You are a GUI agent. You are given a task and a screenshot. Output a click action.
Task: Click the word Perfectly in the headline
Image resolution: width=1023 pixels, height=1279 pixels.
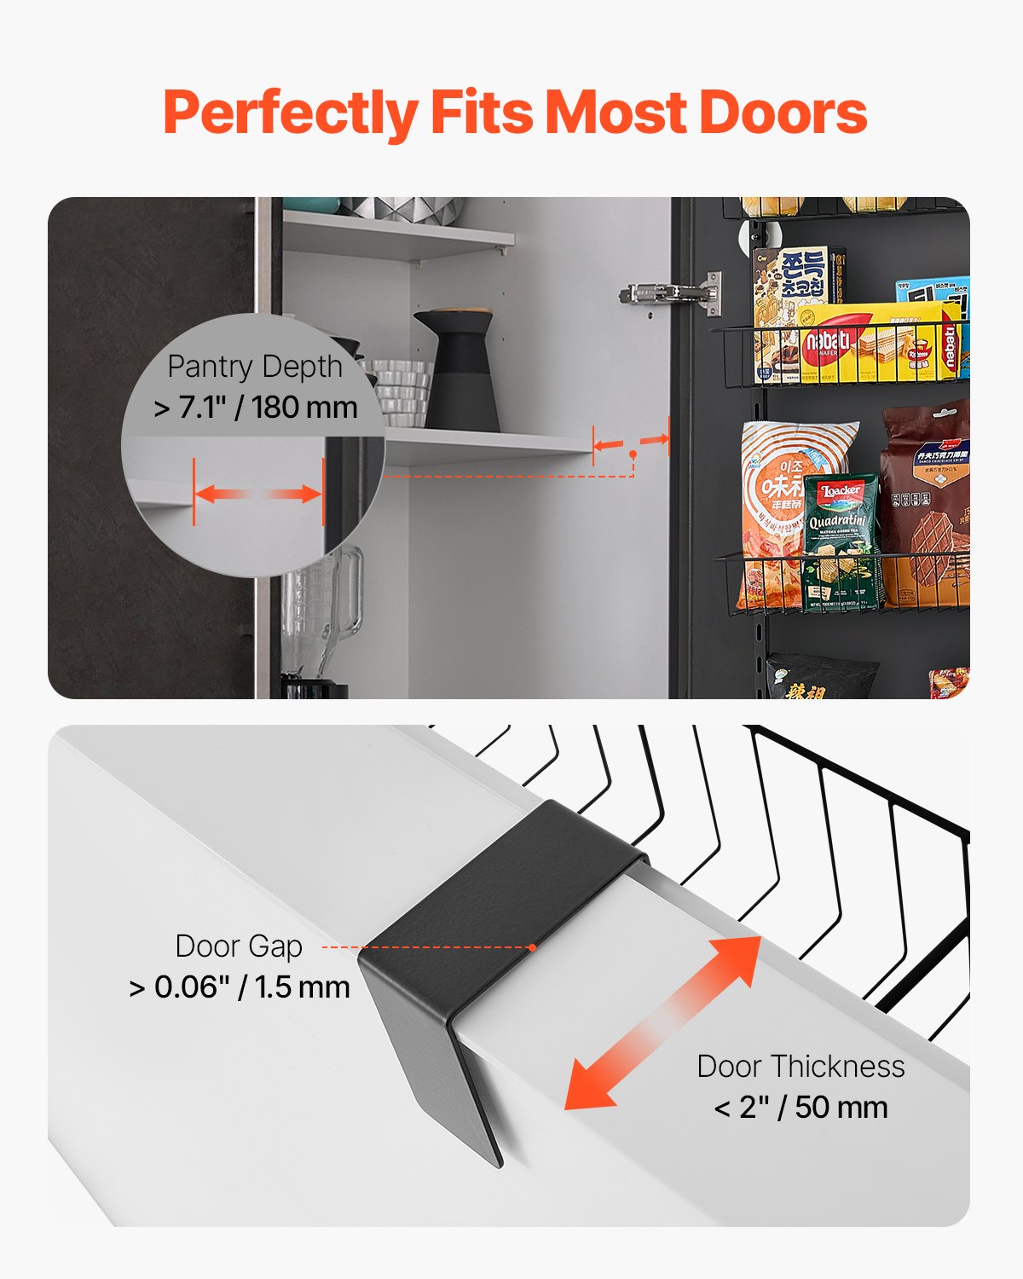pyautogui.click(x=290, y=113)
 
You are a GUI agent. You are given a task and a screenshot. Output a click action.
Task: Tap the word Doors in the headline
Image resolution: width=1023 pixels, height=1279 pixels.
pyautogui.click(x=783, y=113)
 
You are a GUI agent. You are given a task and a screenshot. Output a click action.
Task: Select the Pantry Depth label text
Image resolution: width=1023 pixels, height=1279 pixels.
pyautogui.click(x=255, y=367)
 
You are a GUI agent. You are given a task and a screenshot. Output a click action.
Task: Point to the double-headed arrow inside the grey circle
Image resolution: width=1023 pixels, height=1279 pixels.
pyautogui.click(x=258, y=495)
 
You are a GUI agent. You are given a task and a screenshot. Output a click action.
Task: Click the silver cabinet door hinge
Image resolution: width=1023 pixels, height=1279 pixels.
pyautogui.click(x=672, y=294)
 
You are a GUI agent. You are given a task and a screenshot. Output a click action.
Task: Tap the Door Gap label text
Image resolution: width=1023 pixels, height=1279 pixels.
pyautogui.click(x=239, y=946)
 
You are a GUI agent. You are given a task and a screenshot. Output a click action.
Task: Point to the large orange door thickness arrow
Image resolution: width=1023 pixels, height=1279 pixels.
pyautogui.click(x=663, y=1023)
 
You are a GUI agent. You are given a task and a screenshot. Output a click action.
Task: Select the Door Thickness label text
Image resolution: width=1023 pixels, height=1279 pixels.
pyautogui.click(x=800, y=1067)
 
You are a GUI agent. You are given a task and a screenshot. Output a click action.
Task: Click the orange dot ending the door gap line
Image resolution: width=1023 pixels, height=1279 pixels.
pyautogui.click(x=532, y=947)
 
